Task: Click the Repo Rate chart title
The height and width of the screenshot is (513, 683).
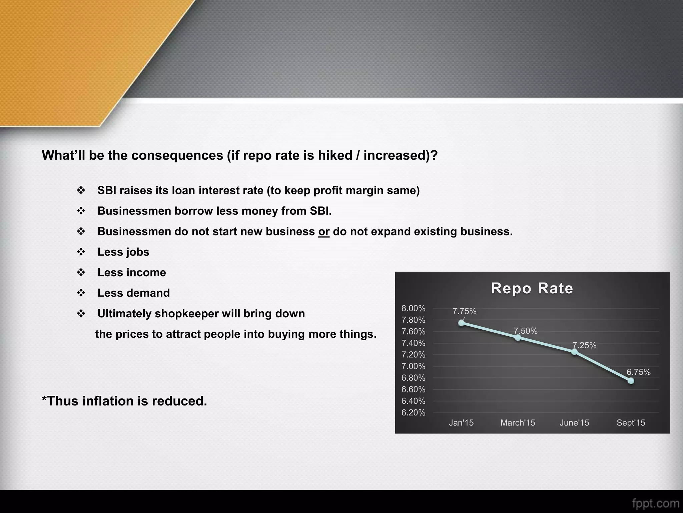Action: pyautogui.click(x=532, y=288)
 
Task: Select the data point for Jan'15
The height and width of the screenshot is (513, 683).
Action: pyautogui.click(x=461, y=323)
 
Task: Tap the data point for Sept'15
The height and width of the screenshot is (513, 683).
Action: pyautogui.click(x=631, y=381)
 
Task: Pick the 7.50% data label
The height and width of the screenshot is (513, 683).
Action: pyautogui.click(x=526, y=331)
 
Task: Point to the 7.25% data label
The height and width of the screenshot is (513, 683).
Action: pyautogui.click(x=584, y=345)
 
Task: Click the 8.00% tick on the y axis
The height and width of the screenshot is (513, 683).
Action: pyautogui.click(x=413, y=308)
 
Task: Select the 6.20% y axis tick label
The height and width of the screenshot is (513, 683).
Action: pyautogui.click(x=413, y=412)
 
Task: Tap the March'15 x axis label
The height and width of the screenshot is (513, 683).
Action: pyautogui.click(x=518, y=423)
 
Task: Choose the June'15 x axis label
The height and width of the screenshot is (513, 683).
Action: pyautogui.click(x=574, y=423)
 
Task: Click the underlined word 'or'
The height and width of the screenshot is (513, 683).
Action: pyautogui.click(x=324, y=231)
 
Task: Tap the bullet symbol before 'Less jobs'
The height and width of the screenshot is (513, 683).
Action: pyautogui.click(x=81, y=252)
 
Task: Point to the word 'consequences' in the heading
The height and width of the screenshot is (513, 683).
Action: pyautogui.click(x=177, y=155)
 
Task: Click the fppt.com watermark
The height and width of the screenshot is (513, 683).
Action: pyautogui.click(x=655, y=503)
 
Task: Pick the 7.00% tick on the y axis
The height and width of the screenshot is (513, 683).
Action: pyautogui.click(x=413, y=366)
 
